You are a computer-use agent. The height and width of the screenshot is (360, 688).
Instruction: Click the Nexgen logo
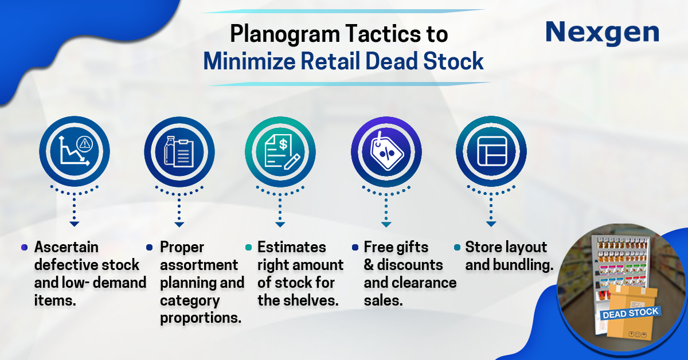pos(603,33)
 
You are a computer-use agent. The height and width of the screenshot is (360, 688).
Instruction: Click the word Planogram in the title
pos(285,34)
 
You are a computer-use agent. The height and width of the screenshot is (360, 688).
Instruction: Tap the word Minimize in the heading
pos(249,61)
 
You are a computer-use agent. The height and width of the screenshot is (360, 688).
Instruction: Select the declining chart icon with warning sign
pos(75,151)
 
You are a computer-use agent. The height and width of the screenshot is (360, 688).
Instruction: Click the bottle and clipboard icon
pos(179,152)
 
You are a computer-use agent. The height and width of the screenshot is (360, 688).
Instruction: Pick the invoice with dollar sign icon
pos(282,152)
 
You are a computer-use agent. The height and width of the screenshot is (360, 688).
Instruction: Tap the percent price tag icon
pos(386,151)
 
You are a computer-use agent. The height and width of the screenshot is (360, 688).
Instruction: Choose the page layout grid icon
pos(492,151)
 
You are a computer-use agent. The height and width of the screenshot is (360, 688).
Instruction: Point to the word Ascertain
pos(66,247)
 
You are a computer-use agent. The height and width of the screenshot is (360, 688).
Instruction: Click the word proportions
pos(201,318)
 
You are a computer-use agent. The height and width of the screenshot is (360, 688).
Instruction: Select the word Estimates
pos(291,247)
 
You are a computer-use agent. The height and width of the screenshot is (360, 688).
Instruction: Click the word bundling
pos(523,265)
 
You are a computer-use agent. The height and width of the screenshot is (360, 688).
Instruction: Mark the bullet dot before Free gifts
pos(355,247)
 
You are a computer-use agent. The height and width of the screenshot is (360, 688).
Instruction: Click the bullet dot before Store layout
pos(457,247)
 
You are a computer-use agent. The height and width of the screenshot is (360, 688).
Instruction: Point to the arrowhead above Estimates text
pos(280,225)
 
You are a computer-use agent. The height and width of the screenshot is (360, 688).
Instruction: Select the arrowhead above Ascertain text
pos(75,224)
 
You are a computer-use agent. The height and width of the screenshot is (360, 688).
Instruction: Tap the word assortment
pos(199,265)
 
